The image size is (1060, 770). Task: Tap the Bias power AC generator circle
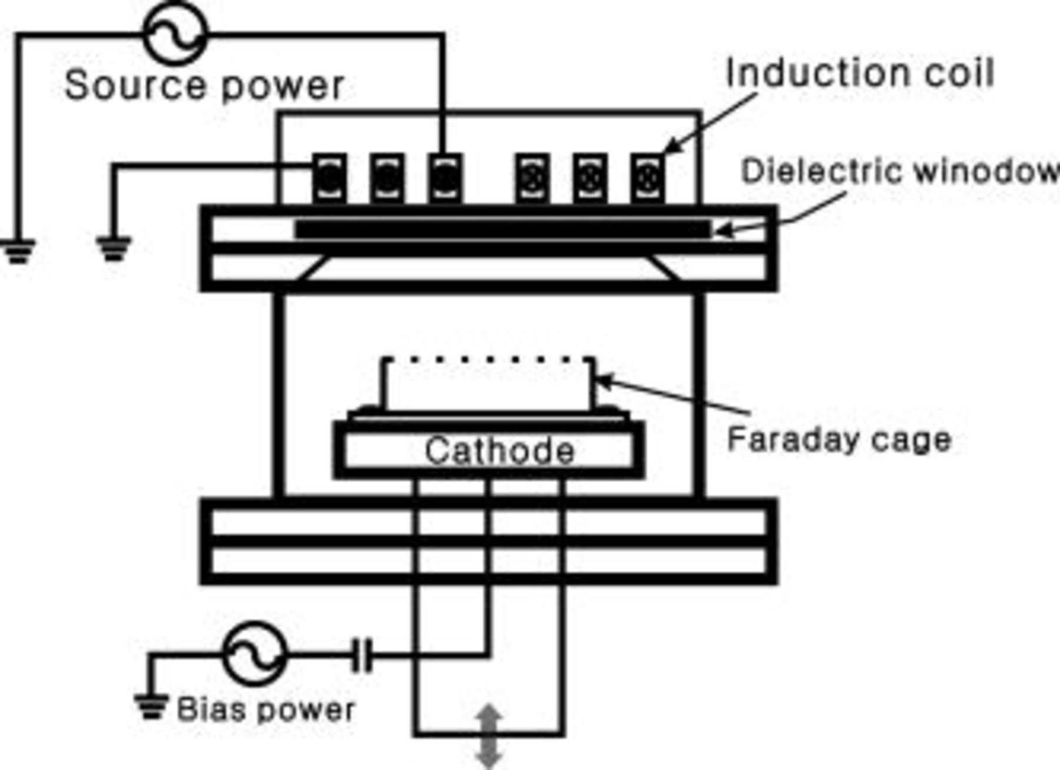coord(254,653)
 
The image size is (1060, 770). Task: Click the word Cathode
coord(499,452)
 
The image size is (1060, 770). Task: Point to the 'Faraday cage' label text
coord(839,440)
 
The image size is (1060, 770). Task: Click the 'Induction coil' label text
coord(860,74)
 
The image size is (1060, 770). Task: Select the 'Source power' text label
coord(204,85)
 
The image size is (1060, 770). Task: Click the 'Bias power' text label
coord(266,709)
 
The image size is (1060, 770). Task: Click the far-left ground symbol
coord(18,250)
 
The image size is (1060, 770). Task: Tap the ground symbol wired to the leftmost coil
coord(114,247)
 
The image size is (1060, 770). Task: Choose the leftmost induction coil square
coord(329,178)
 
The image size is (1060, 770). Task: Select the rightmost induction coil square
coord(648,178)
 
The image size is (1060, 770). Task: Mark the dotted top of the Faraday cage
coord(488,359)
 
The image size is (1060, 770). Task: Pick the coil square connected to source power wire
coord(445,178)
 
